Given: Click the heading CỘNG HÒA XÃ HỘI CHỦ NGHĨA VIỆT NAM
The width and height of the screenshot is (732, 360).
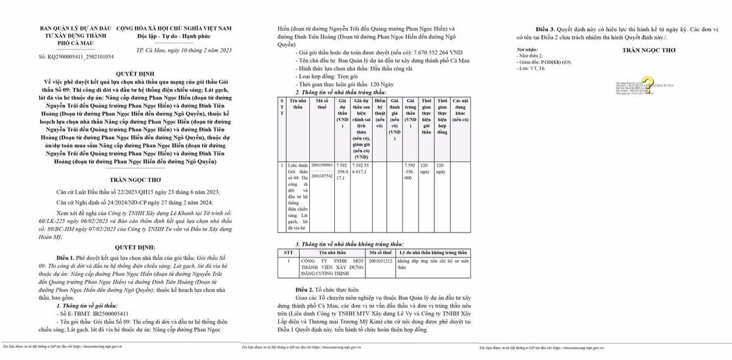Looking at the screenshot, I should click(x=174, y=28).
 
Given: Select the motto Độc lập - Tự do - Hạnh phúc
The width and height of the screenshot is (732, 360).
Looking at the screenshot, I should click(x=174, y=36).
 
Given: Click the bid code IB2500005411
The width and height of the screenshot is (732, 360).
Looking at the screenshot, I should click(x=92, y=312).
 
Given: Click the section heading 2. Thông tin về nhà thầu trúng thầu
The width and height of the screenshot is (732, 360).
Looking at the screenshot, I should click(x=337, y=92).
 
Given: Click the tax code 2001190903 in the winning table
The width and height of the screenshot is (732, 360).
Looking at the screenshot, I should click(x=322, y=165).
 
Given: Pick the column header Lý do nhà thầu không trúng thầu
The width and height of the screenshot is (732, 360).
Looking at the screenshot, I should click(x=434, y=252).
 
